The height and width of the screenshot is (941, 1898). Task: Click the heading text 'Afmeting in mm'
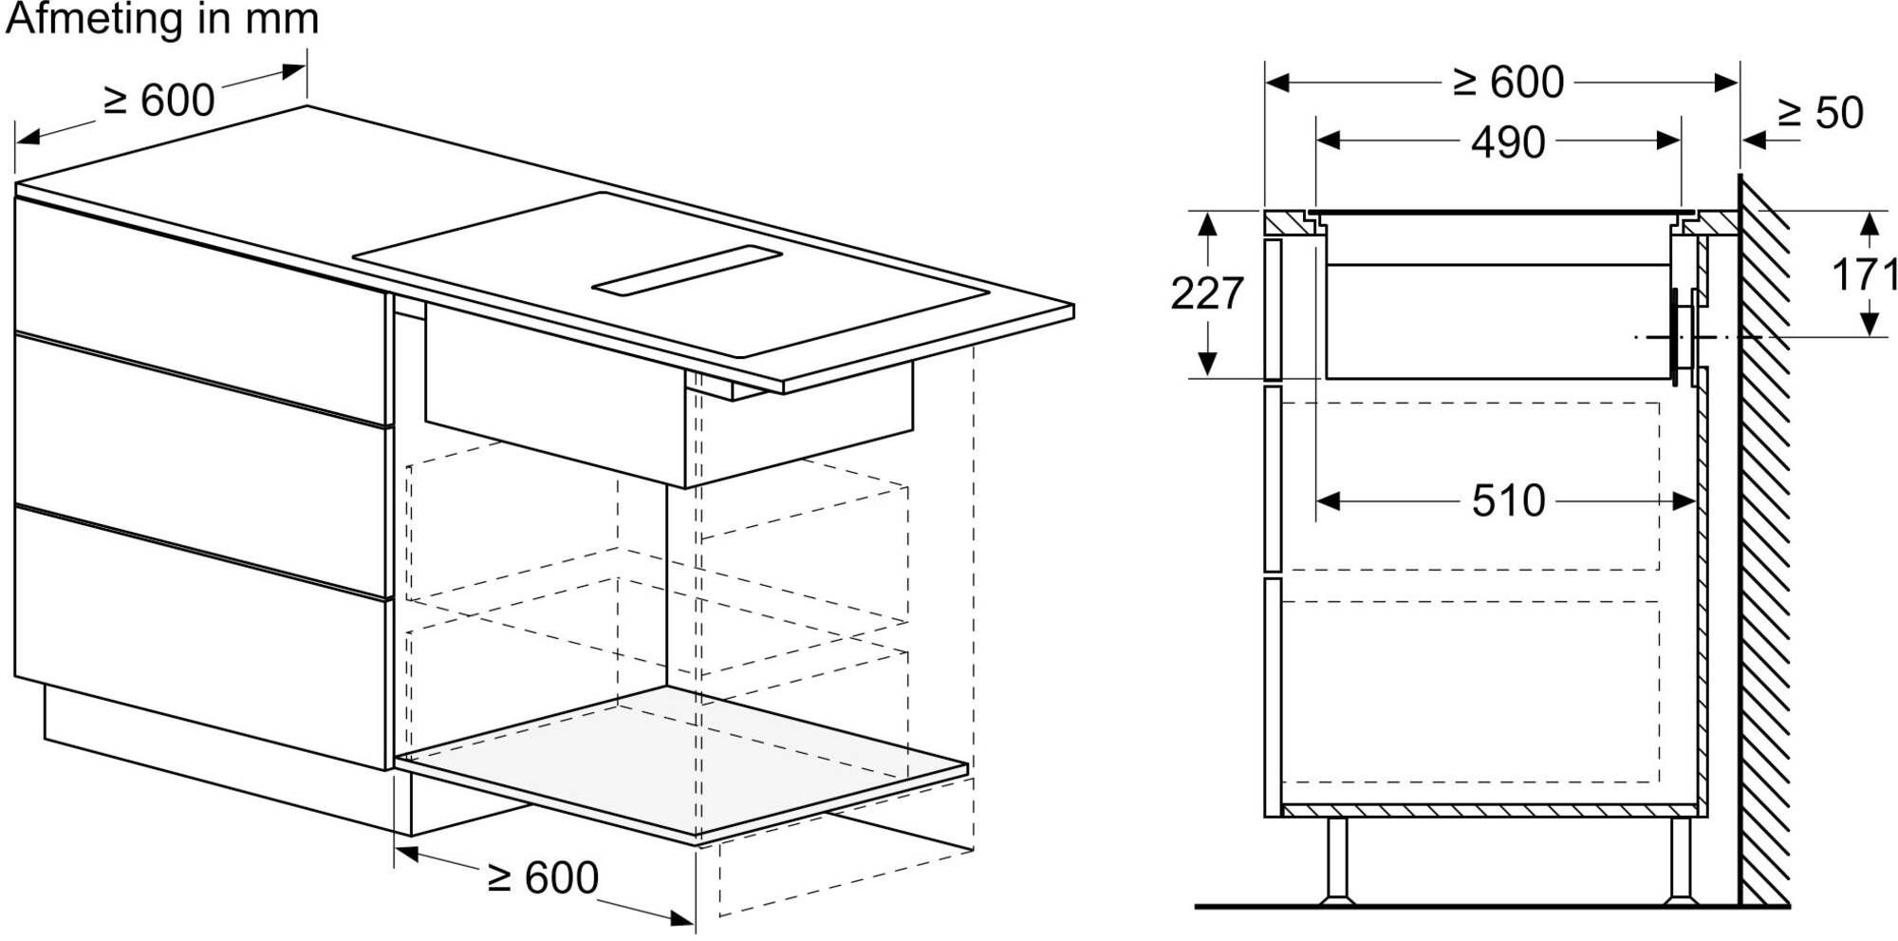tap(161, 19)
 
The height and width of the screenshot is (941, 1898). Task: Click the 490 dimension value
tap(1508, 142)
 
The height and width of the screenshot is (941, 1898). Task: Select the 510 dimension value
tap(1509, 500)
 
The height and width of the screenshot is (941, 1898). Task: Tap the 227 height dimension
tap(1206, 293)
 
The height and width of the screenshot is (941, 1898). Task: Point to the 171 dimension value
tap(1864, 275)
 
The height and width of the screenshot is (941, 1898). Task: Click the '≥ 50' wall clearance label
tap(1820, 113)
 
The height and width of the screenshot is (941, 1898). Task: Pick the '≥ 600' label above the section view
tap(1508, 83)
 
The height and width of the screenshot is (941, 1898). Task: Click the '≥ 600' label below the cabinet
tap(543, 877)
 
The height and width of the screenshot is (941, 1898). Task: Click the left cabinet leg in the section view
tap(1338, 860)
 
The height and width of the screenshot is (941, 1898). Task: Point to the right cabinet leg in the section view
tap(1680, 860)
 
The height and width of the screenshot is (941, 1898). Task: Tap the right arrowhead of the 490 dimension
tap(1669, 141)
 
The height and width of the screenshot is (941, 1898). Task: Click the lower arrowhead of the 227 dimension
tap(1207, 364)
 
